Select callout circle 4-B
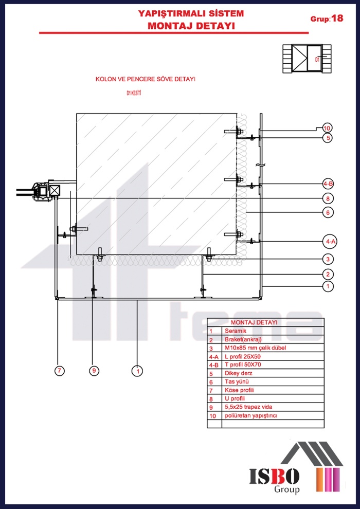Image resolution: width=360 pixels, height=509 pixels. coord(328,184)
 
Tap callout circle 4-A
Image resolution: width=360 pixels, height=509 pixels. coord(330,241)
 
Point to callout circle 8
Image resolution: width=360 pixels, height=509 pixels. coord(327,198)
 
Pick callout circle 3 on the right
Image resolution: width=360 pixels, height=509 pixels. coord(327,259)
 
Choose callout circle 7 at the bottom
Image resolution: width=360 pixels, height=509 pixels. coord(60,371)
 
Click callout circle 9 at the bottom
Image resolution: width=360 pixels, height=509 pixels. coord(93,371)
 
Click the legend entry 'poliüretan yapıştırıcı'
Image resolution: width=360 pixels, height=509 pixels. coord(251,415)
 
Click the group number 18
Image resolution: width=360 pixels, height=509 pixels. coord(337,19)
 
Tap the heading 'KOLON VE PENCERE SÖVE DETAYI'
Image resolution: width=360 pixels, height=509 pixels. coord(146,80)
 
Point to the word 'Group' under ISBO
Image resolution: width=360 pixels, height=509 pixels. coord(286,490)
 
